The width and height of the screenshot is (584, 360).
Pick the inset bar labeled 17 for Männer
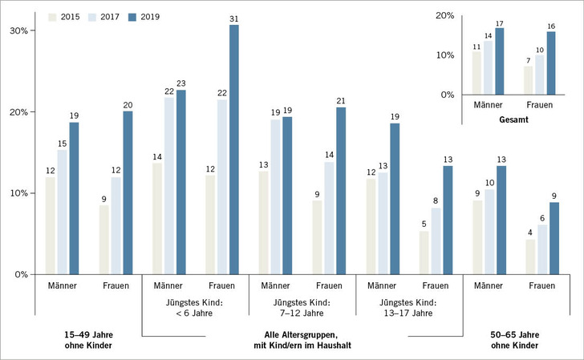(x=500, y=61)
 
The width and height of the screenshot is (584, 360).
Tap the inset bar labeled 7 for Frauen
(x=529, y=80)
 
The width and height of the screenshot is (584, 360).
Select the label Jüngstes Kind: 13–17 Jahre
(x=409, y=307)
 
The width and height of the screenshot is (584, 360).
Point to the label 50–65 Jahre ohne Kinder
(x=516, y=340)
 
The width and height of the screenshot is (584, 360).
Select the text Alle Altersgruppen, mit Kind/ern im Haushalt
(x=302, y=340)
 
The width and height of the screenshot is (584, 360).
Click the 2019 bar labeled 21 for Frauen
(x=341, y=190)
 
